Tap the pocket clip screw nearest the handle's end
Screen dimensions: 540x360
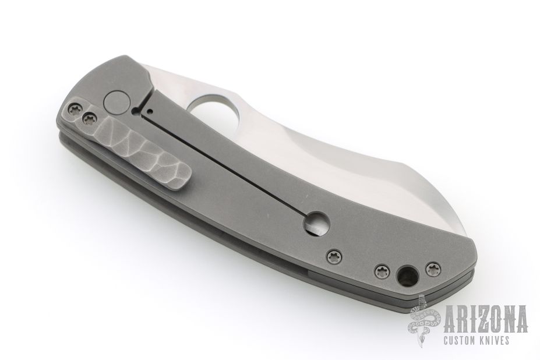click(x=75, y=110)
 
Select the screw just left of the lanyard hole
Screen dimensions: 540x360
click(x=380, y=270)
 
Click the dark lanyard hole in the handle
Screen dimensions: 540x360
click(x=407, y=274)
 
